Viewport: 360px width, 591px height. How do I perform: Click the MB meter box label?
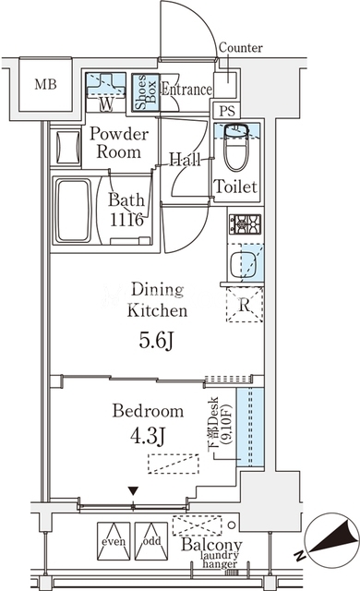tap(45, 84)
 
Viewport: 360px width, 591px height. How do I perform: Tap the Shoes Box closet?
tap(145, 92)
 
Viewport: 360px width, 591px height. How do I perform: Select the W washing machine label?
tap(106, 104)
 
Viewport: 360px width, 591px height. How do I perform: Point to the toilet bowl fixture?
tap(235, 149)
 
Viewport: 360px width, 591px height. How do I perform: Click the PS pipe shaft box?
tap(227, 111)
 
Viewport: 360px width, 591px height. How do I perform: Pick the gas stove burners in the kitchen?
tap(246, 224)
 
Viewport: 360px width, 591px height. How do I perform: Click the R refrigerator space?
tap(245, 305)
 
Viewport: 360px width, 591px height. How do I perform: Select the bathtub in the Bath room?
tap(74, 211)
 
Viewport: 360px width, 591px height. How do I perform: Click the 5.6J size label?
tap(156, 341)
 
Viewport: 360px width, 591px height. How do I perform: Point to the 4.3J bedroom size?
tap(147, 436)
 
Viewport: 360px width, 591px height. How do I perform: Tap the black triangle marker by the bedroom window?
tap(133, 490)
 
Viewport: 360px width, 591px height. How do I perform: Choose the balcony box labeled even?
tap(114, 541)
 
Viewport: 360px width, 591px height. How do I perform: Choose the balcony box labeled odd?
tap(151, 541)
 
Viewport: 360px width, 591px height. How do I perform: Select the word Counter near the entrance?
tap(241, 48)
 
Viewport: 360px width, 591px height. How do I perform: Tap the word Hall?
tap(185, 160)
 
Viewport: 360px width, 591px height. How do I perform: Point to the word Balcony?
tap(211, 545)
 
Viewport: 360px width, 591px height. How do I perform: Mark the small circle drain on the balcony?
tap(232, 525)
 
